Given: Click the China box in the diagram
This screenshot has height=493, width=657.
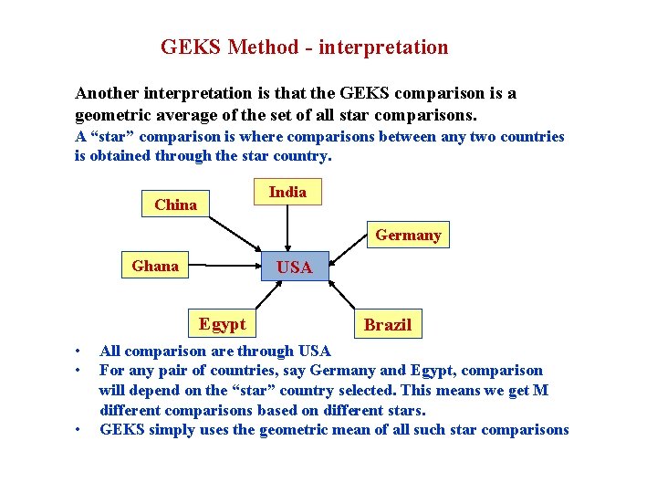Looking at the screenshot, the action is pos(176,205).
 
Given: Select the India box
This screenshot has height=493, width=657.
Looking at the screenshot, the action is pos(287,192).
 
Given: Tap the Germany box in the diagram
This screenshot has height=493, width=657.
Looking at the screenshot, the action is pos(408,235).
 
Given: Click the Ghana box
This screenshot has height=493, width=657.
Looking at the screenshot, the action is pos(155,266).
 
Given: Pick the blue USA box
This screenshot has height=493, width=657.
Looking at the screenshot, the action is pos(294,267).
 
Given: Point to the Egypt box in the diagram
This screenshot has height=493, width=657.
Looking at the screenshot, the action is pos(223,323).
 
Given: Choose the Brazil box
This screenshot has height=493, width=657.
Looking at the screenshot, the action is pos(388,324).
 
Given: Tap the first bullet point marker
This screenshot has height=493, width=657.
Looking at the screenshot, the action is pos(80,351).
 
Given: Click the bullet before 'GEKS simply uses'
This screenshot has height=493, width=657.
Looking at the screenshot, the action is pos(80,430).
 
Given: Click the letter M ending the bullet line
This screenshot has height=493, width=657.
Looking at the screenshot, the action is pos(541,391).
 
